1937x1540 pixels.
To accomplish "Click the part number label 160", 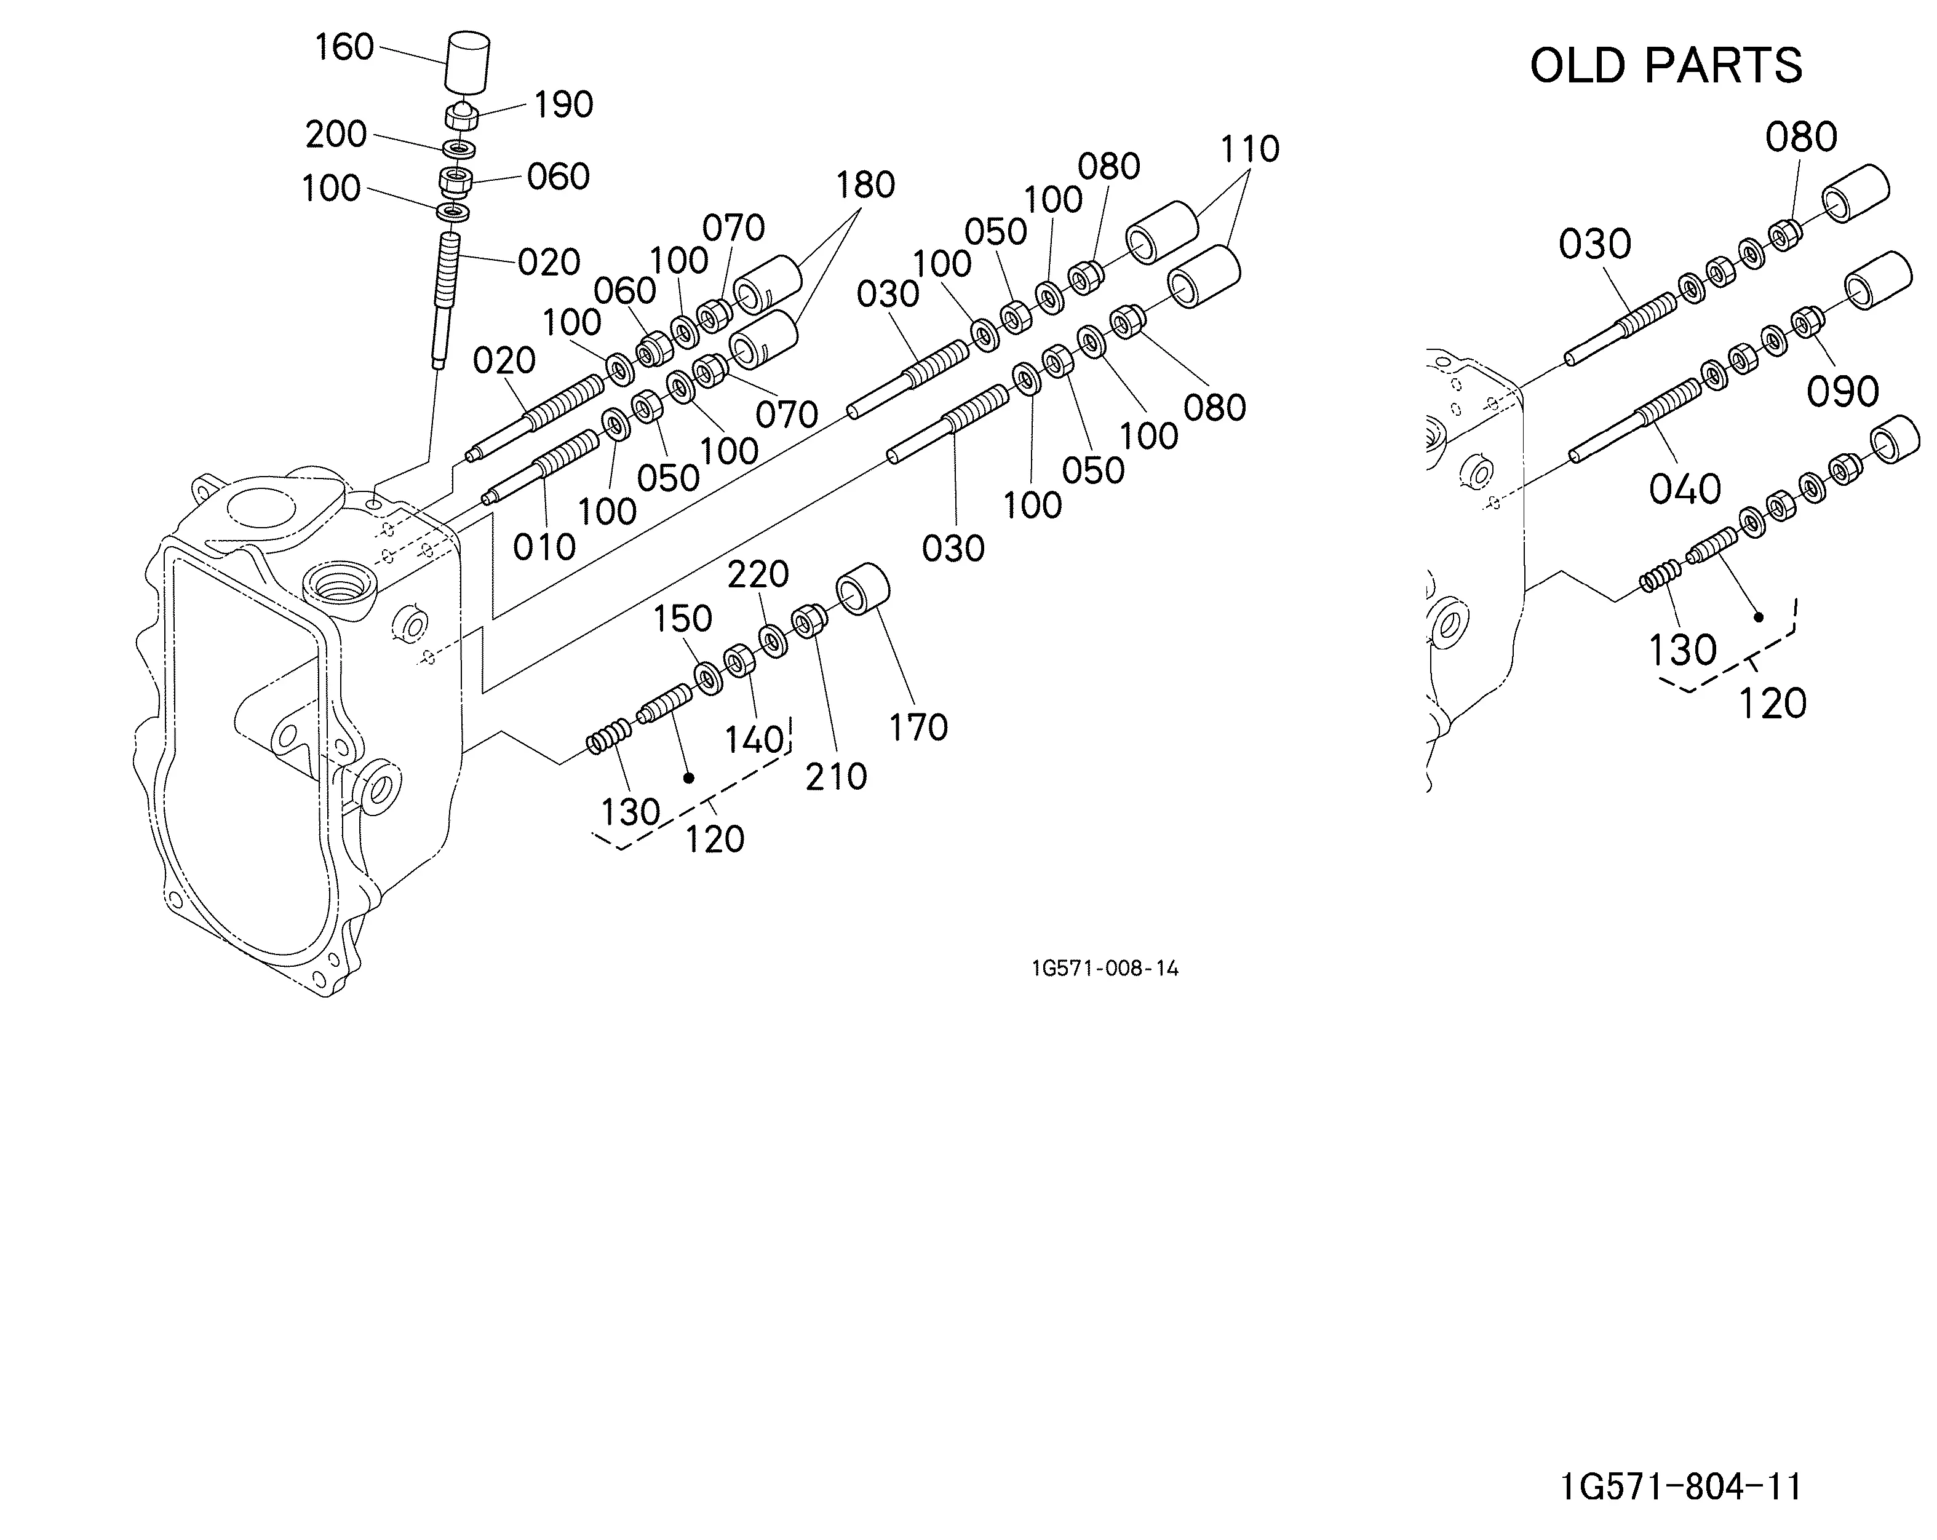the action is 344,47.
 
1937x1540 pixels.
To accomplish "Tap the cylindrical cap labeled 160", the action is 468,63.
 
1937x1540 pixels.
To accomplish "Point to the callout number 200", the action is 336,135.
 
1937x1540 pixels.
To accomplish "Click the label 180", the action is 865,185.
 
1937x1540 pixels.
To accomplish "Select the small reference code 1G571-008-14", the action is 1105,967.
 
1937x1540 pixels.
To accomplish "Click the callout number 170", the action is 918,728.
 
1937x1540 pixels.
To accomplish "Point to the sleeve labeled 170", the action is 864,589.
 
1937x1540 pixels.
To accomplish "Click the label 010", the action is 544,547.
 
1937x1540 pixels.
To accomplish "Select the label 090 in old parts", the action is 1843,392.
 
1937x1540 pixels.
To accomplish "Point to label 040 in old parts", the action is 1685,490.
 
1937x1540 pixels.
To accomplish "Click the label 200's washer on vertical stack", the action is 459,146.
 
